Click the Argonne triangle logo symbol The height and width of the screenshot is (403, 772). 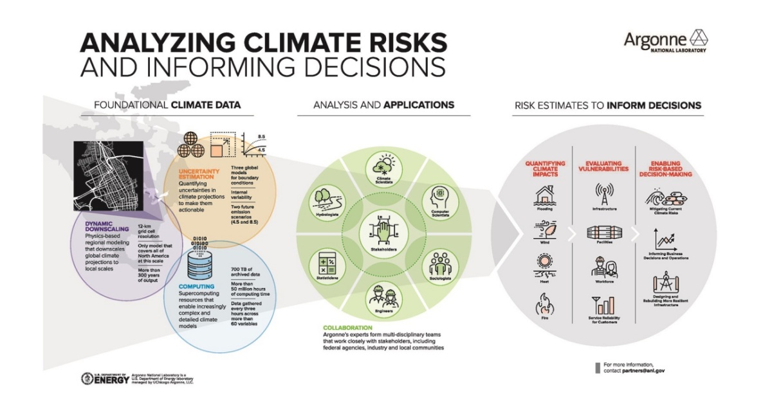click(698, 38)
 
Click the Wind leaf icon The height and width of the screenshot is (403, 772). click(544, 229)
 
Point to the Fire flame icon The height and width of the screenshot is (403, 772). click(544, 301)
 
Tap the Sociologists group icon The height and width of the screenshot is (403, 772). click(441, 264)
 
